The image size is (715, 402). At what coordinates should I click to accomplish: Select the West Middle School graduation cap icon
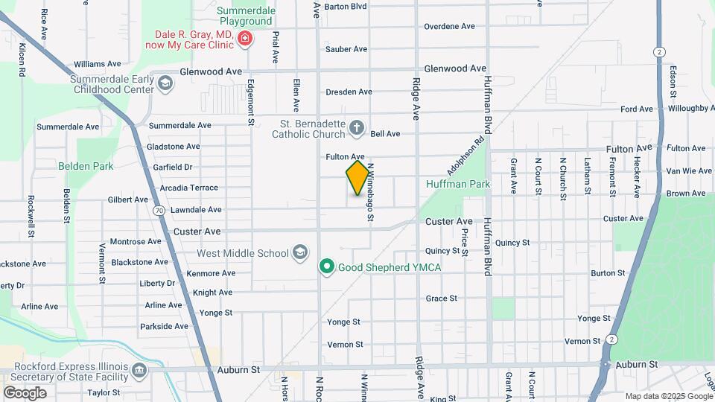click(x=299, y=253)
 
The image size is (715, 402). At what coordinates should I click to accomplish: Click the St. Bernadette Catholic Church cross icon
click(x=357, y=128)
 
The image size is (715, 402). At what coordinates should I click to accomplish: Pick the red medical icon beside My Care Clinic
click(x=244, y=39)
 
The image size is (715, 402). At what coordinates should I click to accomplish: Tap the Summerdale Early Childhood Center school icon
click(x=165, y=84)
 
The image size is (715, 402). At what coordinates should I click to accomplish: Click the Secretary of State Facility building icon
click(x=139, y=371)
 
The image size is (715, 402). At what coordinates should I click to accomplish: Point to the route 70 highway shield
click(x=160, y=211)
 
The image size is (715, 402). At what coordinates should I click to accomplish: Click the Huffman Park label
click(x=448, y=183)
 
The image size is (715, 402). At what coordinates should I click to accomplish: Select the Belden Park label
click(x=86, y=166)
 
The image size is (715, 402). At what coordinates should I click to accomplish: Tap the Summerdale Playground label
click(x=246, y=16)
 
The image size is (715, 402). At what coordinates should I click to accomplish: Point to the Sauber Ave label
click(x=346, y=49)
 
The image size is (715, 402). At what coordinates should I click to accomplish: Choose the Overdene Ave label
click(x=449, y=27)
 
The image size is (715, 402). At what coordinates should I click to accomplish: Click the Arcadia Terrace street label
click(x=183, y=188)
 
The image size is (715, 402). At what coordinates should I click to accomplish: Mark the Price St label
click(x=464, y=242)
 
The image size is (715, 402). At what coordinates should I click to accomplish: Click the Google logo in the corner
click(x=25, y=392)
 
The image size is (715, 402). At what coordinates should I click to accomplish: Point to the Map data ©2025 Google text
click(x=667, y=396)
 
